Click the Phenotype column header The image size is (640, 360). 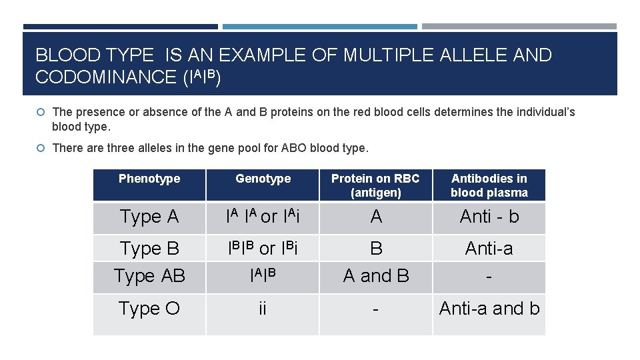[149, 179]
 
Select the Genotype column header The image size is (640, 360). [263, 179]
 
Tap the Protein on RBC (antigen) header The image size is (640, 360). [375, 185]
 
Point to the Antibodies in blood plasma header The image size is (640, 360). [489, 185]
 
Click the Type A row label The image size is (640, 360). [149, 217]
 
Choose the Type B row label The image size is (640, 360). [149, 249]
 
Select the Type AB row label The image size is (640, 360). [149, 276]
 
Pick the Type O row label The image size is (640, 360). [149, 309]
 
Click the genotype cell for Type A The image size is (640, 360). [263, 217]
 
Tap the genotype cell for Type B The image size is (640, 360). [263, 249]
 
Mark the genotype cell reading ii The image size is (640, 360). [263, 309]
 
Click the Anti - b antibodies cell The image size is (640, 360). [489, 217]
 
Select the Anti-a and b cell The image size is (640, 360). [489, 309]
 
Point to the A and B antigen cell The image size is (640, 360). [376, 276]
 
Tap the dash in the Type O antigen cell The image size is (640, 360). [376, 309]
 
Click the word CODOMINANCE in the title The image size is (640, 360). [106, 77]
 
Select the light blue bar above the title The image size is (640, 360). [320, 27]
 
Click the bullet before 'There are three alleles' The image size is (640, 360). [41, 148]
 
